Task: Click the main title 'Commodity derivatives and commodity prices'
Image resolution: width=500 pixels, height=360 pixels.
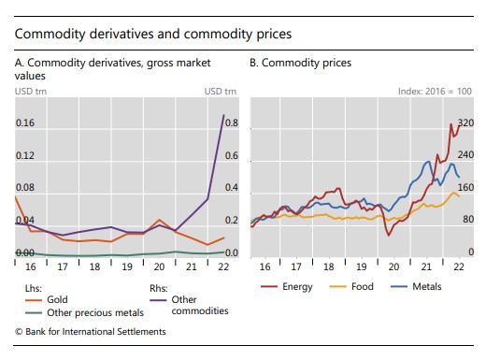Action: click(x=153, y=34)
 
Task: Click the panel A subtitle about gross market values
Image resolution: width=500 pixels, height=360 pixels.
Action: click(x=113, y=68)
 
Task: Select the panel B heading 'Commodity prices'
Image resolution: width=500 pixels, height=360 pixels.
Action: click(x=301, y=63)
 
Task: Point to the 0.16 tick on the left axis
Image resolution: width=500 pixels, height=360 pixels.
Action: click(x=26, y=123)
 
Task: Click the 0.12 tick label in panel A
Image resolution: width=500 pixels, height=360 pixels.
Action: click(x=26, y=155)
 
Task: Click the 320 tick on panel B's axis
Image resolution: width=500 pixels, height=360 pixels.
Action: click(x=466, y=123)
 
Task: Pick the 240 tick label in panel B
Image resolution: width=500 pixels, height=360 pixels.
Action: click(x=466, y=155)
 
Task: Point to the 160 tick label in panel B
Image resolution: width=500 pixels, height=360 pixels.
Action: click(x=466, y=188)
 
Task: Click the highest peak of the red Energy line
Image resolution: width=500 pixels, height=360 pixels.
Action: click(x=451, y=123)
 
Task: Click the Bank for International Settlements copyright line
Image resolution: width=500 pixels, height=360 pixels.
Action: click(x=91, y=331)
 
